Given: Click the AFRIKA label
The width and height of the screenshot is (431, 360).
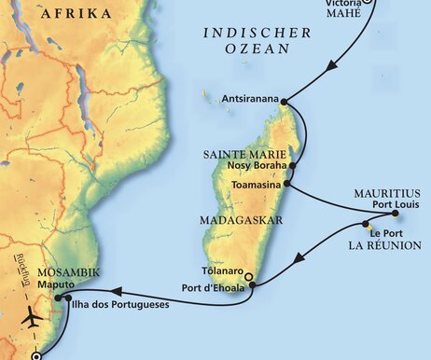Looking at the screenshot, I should (x=77, y=13).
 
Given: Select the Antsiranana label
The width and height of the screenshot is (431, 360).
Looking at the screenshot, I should (x=251, y=97).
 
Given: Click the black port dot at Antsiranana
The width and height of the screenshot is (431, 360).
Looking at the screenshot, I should (x=284, y=102).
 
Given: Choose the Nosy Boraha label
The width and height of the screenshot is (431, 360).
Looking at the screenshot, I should (x=257, y=166).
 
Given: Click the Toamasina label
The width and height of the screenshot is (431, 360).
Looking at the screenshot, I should (x=254, y=185).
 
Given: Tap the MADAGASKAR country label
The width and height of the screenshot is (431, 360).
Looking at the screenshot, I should (x=230, y=221).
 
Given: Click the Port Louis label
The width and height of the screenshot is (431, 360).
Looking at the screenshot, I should (x=385, y=209).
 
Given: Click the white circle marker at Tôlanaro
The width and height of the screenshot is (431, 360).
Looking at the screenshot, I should (x=247, y=277).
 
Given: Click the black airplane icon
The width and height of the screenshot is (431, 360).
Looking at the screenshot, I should (x=29, y=317).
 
